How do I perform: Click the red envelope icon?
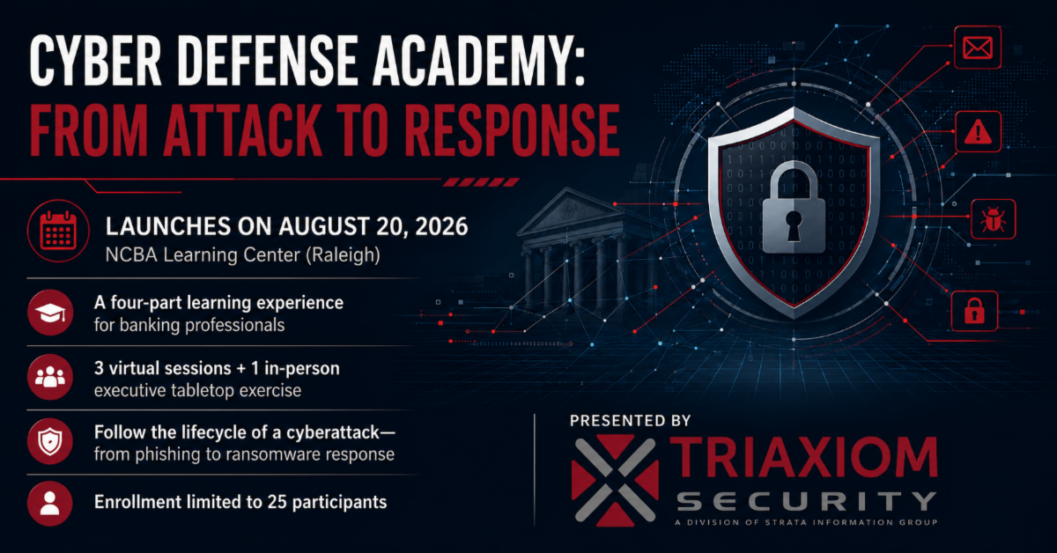point(977,48)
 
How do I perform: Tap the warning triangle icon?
point(979,131)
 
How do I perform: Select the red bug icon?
point(993,219)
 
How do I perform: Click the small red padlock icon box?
point(974,312)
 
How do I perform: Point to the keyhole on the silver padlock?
point(794,225)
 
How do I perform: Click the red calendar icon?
point(58,231)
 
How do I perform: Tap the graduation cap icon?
point(50,313)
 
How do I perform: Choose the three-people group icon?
point(50,377)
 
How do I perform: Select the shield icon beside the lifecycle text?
point(50,441)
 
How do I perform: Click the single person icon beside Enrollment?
point(50,504)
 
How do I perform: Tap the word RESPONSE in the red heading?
point(512,130)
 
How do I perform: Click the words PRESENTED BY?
point(630,421)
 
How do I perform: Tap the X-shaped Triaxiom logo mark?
point(615,480)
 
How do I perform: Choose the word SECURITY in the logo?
point(807,501)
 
